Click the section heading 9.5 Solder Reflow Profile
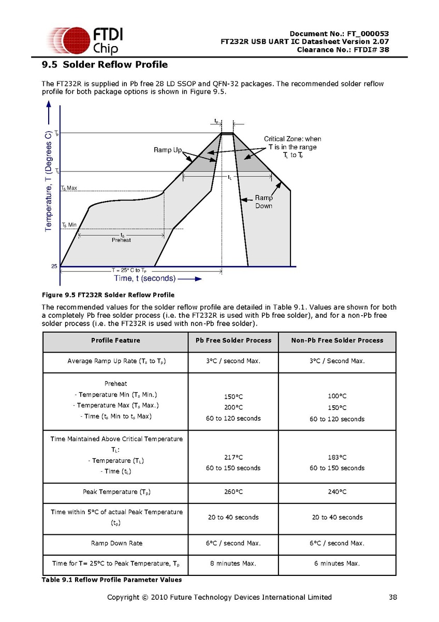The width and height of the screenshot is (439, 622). [x=105, y=65]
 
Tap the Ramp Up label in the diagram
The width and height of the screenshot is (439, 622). [x=168, y=150]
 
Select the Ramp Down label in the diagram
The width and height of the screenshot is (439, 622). [x=264, y=202]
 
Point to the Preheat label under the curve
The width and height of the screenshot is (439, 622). [x=121, y=240]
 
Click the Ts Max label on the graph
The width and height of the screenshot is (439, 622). [x=69, y=188]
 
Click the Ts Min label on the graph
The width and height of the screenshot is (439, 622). [x=69, y=225]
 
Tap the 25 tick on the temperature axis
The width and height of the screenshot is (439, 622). [x=54, y=266]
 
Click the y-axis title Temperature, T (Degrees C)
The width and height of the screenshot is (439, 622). [x=48, y=181]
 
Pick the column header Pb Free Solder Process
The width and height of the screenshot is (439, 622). [x=233, y=341]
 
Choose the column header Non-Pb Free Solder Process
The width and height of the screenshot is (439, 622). [x=337, y=341]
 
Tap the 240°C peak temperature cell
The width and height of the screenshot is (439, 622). [x=337, y=492]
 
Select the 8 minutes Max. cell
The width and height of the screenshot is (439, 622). [x=233, y=563]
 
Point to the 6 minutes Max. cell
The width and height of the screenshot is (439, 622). [x=337, y=563]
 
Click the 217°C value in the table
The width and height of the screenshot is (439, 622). [x=233, y=457]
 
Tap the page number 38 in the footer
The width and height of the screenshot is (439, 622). [x=393, y=597]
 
